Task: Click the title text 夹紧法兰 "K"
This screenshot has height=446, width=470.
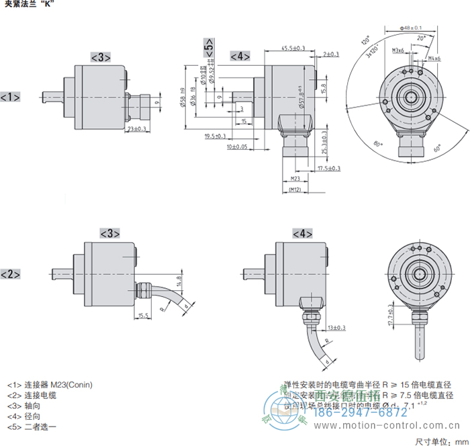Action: pyautogui.click(x=28, y=5)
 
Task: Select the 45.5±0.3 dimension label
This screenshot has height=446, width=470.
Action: pyautogui.click(x=293, y=48)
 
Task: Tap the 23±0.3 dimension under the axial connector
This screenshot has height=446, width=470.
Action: pyautogui.click(x=137, y=129)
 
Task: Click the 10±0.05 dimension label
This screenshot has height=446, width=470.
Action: pyautogui.click(x=237, y=146)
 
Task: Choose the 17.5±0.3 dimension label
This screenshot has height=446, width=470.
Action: pyautogui.click(x=328, y=168)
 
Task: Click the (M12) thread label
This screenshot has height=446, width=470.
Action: pyautogui.click(x=294, y=191)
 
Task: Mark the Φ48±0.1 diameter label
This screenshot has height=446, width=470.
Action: pyautogui.click(x=410, y=28)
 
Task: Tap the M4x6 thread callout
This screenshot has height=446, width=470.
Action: pyautogui.click(x=434, y=58)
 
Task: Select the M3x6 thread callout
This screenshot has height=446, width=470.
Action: pyautogui.click(x=397, y=50)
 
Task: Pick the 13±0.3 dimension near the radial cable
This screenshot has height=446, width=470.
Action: pyautogui.click(x=336, y=328)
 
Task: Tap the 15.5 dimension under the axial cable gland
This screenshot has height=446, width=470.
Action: pyautogui.click(x=142, y=315)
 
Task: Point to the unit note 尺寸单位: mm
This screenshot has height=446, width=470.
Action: pyautogui.click(x=440, y=441)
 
